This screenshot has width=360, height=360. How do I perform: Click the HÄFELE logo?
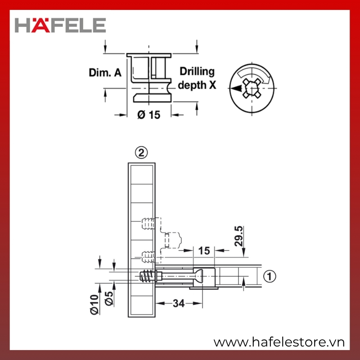[x=60, y=25]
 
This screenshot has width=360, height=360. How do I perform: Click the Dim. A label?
[x=105, y=72]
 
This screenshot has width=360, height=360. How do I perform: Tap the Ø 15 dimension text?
[x=149, y=115]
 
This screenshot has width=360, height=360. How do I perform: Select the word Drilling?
[x=197, y=72]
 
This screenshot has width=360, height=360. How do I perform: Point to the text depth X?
[x=197, y=85]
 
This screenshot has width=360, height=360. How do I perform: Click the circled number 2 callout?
[x=141, y=153]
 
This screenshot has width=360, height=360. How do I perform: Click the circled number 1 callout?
[x=270, y=276]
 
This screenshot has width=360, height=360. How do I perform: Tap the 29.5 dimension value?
[x=239, y=236]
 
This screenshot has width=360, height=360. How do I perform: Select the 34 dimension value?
[x=179, y=303]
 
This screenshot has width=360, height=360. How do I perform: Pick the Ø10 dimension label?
[x=94, y=305]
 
